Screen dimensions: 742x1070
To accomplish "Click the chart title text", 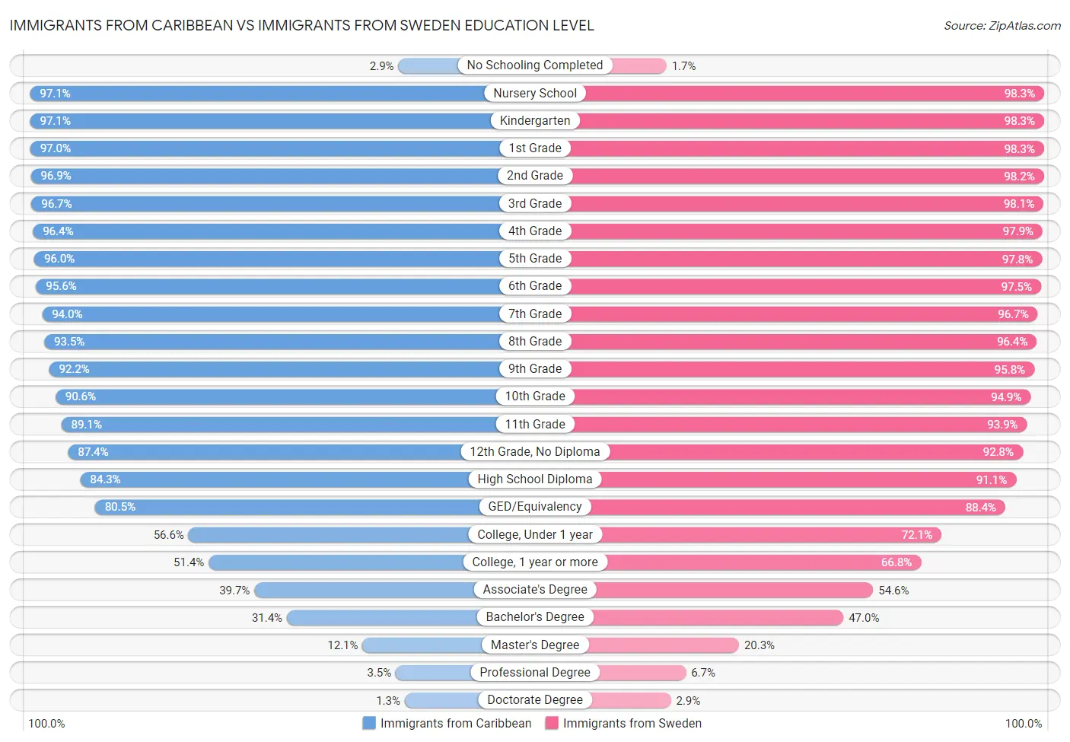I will pos(301,25).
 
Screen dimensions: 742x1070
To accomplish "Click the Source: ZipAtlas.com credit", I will pos(1002,26).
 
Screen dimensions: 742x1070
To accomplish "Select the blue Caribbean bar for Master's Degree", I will pos(422,645).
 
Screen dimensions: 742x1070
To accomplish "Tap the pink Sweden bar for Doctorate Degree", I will pos(629,700).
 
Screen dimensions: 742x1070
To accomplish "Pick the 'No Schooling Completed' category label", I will pos(534,65).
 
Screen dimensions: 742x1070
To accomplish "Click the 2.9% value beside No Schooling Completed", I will pos(381,66).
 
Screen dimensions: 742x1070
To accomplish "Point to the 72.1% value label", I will pos(916,535).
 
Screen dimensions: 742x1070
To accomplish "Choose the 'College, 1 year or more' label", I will pos(534,562).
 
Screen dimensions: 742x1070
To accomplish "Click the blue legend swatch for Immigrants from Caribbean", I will pos(369,723).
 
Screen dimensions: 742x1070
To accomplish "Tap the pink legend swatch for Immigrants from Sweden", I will pos(552,723).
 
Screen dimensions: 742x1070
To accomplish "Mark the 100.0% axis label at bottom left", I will pos(46,724).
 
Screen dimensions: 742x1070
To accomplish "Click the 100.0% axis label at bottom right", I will pos(1023,724).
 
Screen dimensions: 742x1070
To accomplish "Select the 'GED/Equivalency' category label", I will pos(534,507).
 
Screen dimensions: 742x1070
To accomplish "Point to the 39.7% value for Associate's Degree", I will pos(234,591).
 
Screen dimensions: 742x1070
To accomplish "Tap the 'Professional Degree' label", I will pos(534,673).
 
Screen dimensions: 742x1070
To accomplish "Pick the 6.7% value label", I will pos(702,673).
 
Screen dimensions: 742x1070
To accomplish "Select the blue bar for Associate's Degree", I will pos(365,590).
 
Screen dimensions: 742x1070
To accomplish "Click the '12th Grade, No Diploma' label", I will pos(534,452).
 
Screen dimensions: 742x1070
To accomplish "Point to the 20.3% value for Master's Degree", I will pos(759,645).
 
